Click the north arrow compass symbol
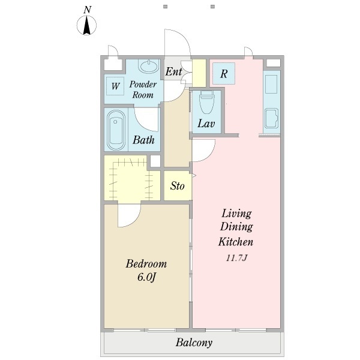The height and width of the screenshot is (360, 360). point(86,25)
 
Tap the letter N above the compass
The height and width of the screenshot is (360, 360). point(87,10)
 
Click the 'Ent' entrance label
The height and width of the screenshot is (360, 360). point(173,71)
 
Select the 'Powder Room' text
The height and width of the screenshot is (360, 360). point(143,89)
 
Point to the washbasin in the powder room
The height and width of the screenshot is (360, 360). point(149,65)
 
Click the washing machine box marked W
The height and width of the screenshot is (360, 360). point(115,86)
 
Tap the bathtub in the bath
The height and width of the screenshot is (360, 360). point(116,130)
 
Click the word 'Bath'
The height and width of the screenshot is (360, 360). point(143,140)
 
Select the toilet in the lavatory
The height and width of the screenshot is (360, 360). point(206,103)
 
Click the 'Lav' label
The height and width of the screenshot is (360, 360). point(206,124)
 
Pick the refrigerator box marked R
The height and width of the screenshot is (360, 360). point(224,73)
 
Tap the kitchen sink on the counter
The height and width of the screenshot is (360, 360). point(271,118)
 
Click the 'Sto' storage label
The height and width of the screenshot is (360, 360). point(177,186)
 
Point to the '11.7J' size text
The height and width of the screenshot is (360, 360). point(236,258)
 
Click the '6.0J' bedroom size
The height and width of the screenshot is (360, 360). point(146,277)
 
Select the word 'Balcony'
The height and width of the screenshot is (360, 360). point(194,343)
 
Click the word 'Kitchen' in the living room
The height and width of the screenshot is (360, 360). point(236,242)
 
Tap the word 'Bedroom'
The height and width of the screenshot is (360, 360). point(146,264)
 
